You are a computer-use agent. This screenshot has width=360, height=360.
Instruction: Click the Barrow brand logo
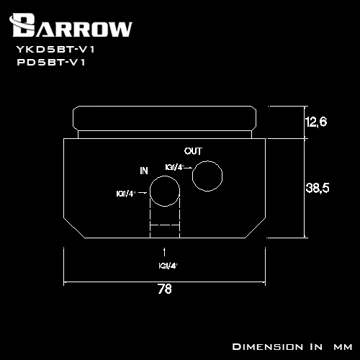[71, 25]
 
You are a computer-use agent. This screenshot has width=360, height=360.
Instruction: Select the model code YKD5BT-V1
[55, 50]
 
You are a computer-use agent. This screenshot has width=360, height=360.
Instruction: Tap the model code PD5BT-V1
[51, 63]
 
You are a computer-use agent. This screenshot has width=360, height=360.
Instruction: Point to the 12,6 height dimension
[316, 122]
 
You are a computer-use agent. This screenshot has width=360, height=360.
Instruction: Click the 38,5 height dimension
[318, 188]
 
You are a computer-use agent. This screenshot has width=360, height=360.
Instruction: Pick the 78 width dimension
[165, 289]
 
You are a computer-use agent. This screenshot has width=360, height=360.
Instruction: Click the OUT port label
[193, 151]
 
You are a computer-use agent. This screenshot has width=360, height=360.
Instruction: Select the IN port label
[144, 171]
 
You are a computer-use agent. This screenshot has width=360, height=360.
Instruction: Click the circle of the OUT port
[207, 161]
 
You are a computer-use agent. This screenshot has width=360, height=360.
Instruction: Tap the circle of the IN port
[165, 176]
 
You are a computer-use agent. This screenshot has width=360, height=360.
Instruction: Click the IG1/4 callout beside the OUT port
[175, 167]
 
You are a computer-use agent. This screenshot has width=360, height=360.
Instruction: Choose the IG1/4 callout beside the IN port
[126, 194]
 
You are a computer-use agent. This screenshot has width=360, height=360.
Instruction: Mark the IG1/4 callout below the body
[168, 266]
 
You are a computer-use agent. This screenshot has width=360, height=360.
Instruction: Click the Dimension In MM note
[292, 347]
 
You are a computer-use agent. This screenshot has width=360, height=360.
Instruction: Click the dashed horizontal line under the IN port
[165, 225]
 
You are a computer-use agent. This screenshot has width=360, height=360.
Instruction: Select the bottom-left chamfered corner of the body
[74, 228]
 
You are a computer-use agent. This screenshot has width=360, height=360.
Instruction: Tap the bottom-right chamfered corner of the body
[255, 228]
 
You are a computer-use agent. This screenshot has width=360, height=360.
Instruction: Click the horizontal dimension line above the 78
[164, 282]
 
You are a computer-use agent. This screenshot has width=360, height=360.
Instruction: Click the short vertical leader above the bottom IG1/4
[164, 252]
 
